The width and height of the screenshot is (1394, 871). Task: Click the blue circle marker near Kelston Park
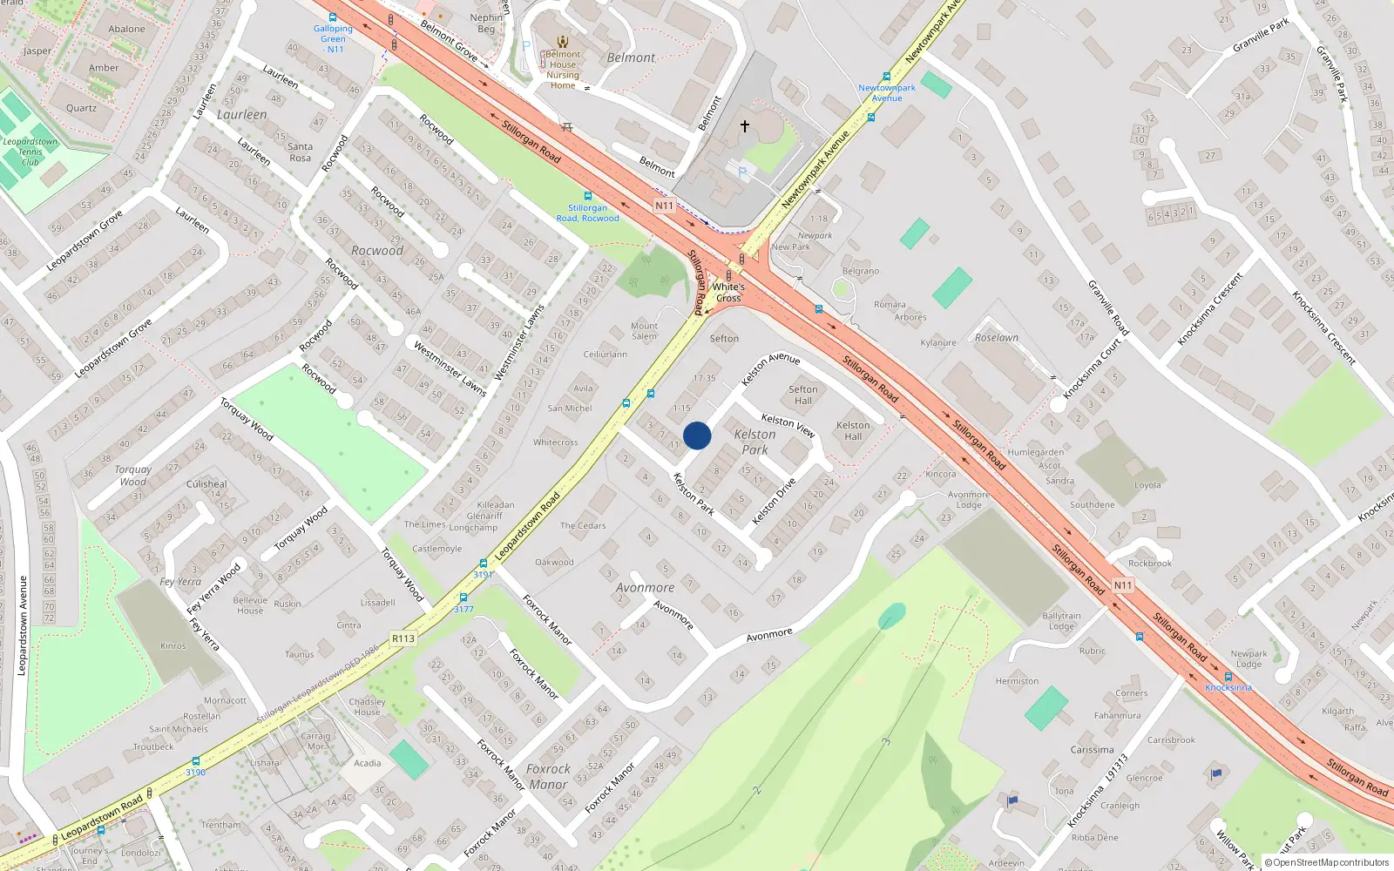(697, 435)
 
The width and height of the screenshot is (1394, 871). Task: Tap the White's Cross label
(728, 293)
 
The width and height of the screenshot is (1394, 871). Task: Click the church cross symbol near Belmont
(745, 126)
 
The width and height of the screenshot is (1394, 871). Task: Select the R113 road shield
(403, 638)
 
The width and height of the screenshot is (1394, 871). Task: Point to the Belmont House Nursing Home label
(563, 70)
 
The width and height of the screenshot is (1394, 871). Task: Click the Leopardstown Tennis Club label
(30, 152)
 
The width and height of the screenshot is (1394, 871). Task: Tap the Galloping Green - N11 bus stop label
(334, 39)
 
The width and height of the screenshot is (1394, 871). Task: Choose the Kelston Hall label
(853, 431)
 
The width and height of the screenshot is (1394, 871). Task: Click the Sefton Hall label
(803, 395)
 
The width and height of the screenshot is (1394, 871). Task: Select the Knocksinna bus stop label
(1228, 688)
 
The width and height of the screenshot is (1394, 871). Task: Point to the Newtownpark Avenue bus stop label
(887, 92)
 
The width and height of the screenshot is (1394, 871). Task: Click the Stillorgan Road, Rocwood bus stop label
(588, 213)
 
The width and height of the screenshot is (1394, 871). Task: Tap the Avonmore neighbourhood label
(645, 588)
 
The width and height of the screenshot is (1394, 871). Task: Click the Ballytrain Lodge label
(1061, 621)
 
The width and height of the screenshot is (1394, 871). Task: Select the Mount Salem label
(645, 331)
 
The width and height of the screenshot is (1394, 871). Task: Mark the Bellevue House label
(250, 605)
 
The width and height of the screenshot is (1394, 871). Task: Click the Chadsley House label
(367, 706)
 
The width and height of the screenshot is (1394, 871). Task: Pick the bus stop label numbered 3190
(196, 773)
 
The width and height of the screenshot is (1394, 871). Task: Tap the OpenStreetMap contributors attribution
(1327, 862)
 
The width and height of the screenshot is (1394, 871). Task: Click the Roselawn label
(997, 338)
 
